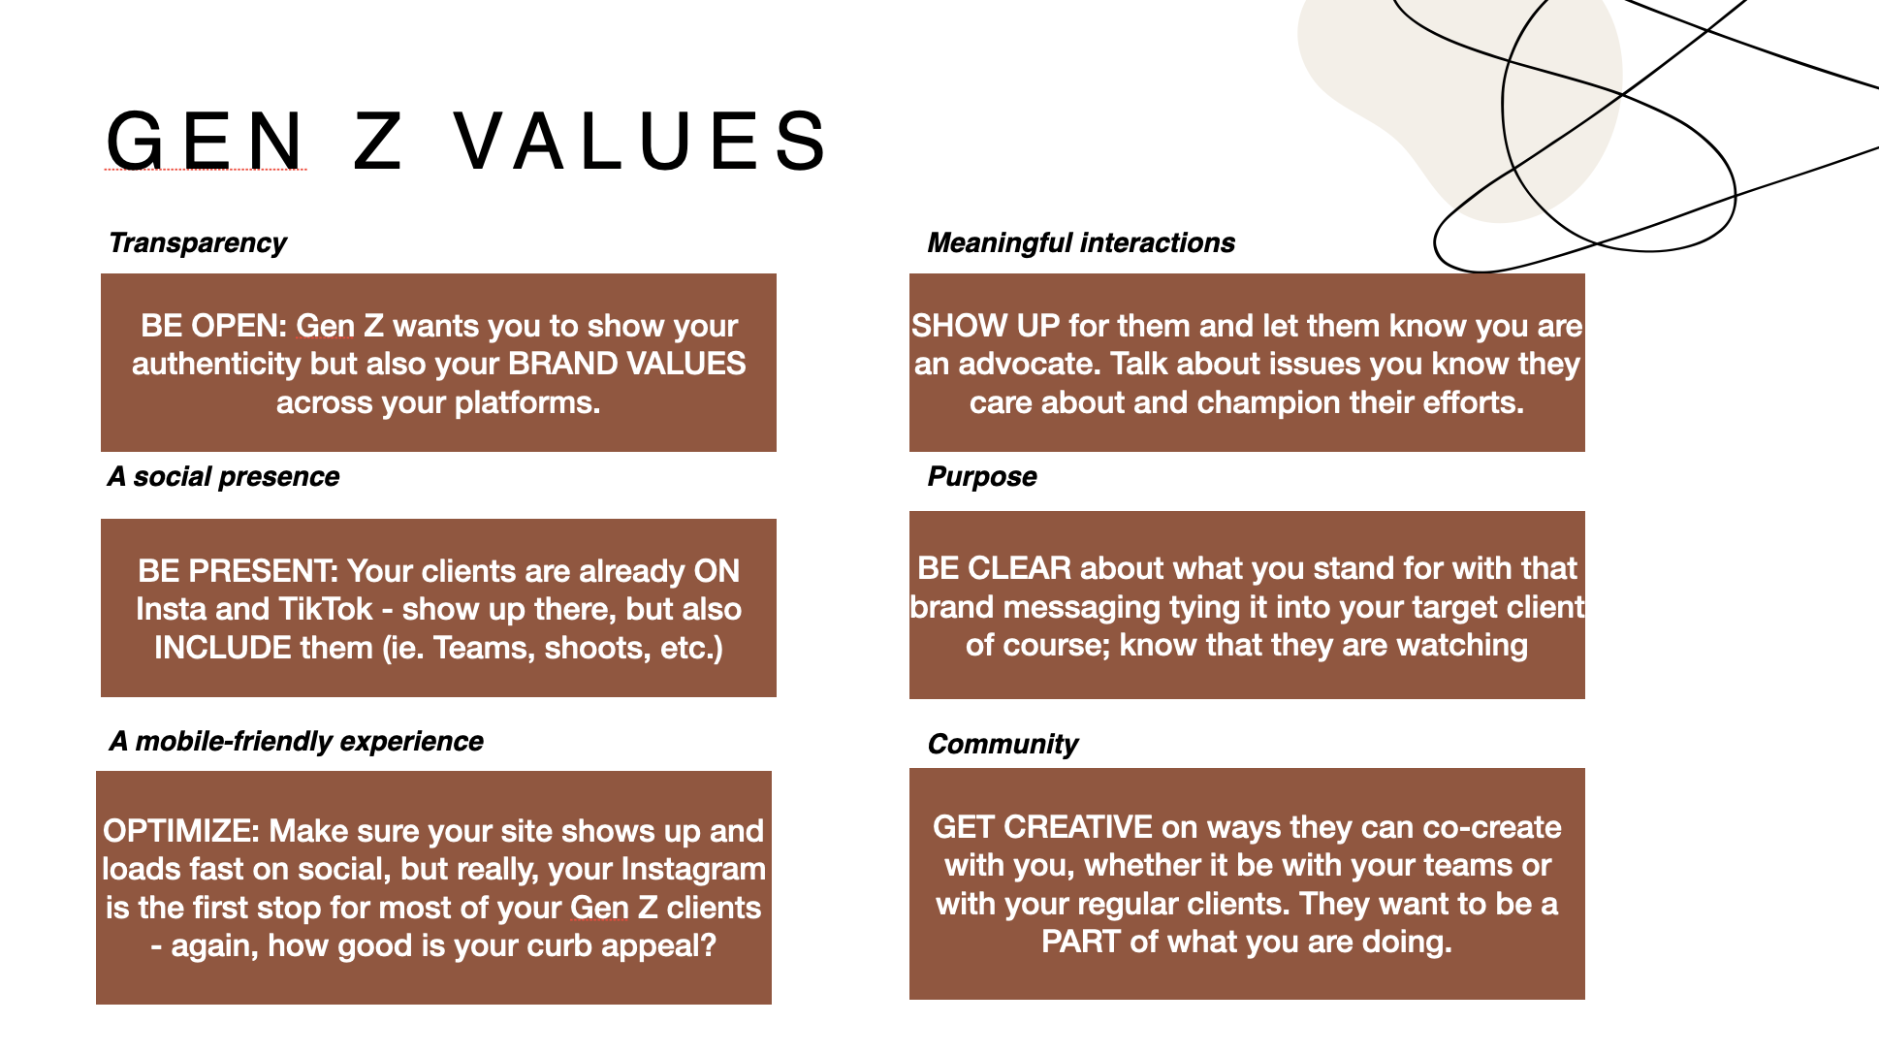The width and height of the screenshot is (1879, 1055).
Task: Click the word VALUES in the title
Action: (641, 142)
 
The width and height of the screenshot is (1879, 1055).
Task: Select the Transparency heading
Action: (198, 242)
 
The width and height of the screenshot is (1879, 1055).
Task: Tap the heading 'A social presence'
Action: (224, 476)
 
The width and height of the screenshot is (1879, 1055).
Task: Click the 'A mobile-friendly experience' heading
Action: (296, 741)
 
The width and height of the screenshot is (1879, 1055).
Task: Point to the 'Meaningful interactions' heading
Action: (1081, 242)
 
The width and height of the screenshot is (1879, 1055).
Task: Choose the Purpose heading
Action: (982, 476)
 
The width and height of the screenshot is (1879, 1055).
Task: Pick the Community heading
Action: (1003, 744)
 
